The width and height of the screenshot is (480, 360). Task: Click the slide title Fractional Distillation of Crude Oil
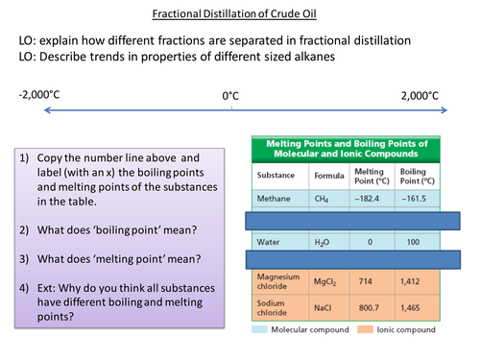coord(239,13)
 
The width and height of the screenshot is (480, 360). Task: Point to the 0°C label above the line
coord(230,96)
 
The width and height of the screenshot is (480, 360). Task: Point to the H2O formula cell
coord(324,243)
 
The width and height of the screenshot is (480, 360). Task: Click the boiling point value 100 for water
coord(418,243)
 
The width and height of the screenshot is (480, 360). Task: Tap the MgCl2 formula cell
coord(325,284)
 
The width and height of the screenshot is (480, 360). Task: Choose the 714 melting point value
coord(371,284)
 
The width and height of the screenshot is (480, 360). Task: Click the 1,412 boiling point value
coord(418,284)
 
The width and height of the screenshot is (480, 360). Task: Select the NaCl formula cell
coord(324,313)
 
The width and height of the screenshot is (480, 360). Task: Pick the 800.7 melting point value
coord(371,313)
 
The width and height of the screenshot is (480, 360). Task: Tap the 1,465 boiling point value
coord(418,313)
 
